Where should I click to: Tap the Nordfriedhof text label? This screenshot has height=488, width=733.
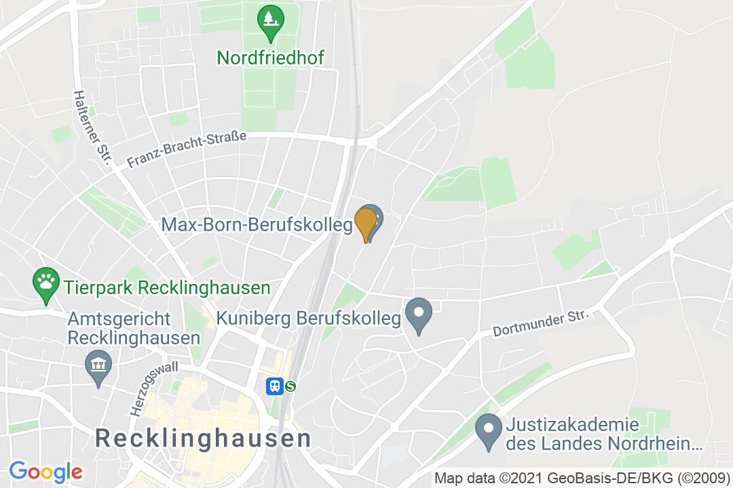(x=270, y=58)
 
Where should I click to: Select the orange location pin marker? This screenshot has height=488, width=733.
(x=366, y=223)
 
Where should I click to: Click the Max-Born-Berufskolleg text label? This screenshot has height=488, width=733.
(x=257, y=224)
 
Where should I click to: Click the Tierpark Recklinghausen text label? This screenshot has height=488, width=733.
(x=167, y=287)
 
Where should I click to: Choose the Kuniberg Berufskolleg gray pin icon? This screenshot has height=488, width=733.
(x=419, y=315)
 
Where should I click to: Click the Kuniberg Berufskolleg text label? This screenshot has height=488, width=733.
(x=309, y=318)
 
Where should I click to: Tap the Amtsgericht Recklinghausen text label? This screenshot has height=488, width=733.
(x=134, y=328)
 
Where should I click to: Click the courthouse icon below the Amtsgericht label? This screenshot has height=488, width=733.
(x=99, y=367)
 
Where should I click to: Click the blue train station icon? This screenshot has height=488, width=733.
(x=274, y=386)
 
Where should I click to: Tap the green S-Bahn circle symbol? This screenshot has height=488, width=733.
(x=291, y=386)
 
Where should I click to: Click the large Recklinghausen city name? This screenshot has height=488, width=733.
(x=204, y=438)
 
